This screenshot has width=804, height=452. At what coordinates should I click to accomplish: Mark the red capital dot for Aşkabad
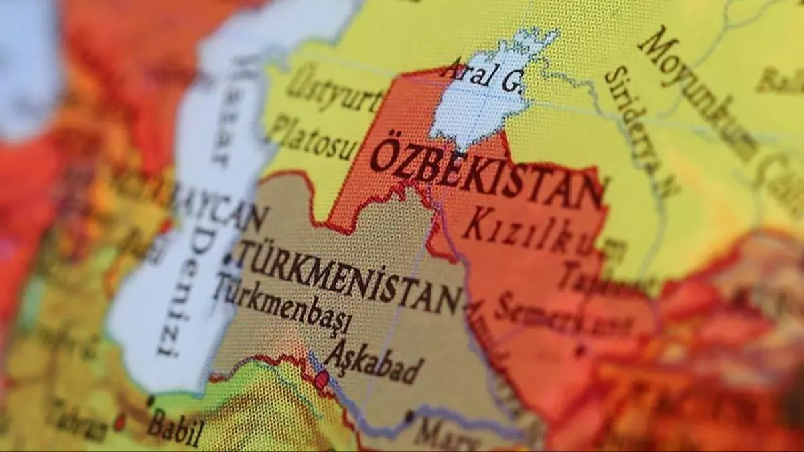[322, 380]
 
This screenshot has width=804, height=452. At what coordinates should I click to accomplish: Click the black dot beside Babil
[150, 402]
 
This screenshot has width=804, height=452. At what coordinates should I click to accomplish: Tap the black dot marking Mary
[409, 417]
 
